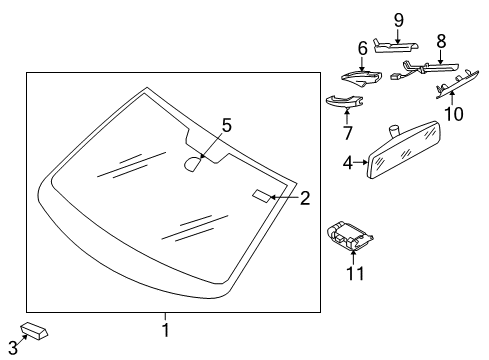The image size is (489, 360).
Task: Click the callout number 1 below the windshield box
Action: [x=166, y=330]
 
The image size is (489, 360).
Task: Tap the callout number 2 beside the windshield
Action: [x=305, y=198]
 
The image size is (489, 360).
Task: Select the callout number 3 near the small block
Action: [x=13, y=348]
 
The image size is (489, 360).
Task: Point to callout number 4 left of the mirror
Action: [x=348, y=163]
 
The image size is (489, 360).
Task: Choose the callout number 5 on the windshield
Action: [x=227, y=126]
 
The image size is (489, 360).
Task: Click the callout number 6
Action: [x=363, y=48]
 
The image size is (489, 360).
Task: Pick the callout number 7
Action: [x=347, y=133]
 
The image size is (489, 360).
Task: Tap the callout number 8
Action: [x=441, y=42]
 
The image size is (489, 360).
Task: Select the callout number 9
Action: [x=399, y=20]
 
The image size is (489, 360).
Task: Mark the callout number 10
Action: [x=454, y=114]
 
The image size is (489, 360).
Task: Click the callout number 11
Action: [x=355, y=274]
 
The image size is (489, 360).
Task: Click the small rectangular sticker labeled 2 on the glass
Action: [x=261, y=196]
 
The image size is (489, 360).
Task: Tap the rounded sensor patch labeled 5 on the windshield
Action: [x=193, y=164]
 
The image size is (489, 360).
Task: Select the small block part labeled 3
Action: [x=34, y=331]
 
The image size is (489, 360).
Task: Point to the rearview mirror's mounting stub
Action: [x=394, y=130]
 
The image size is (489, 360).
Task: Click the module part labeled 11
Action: [x=349, y=235]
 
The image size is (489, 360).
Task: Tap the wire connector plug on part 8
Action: [x=396, y=76]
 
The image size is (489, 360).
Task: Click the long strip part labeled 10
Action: [x=457, y=84]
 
